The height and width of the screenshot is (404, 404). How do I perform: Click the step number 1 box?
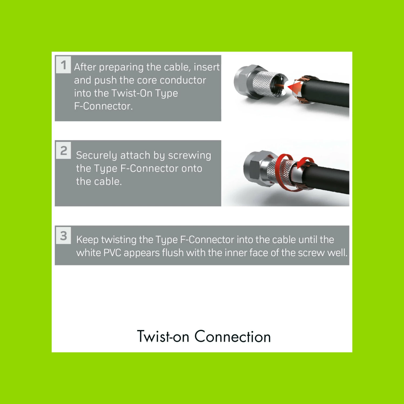point(63,65)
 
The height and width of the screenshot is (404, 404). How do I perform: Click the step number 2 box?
point(63,150)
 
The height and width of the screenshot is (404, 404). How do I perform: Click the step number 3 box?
point(63,235)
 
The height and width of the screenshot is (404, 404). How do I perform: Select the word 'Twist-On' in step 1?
point(132,93)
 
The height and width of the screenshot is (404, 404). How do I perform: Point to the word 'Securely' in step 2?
point(96,156)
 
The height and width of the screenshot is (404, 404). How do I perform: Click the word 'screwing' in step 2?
point(190,156)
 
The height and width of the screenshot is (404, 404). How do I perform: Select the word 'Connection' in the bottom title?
point(232,337)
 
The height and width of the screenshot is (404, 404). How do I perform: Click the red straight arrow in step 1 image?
point(294,88)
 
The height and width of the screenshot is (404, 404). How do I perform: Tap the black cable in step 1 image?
point(326,92)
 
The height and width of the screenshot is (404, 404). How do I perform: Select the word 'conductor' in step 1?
point(183,80)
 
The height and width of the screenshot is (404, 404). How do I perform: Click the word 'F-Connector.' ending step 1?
point(103,106)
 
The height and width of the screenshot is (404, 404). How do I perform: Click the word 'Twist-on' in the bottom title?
point(163,337)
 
